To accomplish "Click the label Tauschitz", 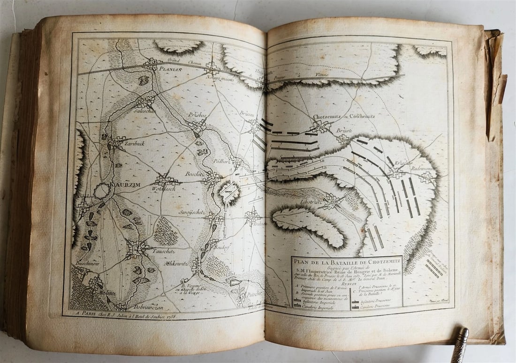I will (x=163, y=251).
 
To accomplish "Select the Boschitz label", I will (x=195, y=173).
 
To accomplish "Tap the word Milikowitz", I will (x=175, y=263).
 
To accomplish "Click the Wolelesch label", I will (x=163, y=189).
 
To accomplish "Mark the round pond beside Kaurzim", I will (x=102, y=191).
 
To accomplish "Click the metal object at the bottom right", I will (x=460, y=345).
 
